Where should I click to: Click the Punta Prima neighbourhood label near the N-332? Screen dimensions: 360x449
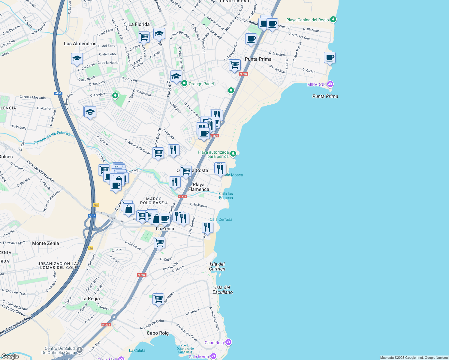(x=258, y=59)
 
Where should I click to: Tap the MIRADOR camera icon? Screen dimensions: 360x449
(x=330, y=84)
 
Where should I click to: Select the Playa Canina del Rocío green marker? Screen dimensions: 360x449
(x=333, y=19)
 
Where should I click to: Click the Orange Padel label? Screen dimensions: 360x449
(x=201, y=84)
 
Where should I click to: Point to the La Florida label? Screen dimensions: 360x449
(x=139, y=24)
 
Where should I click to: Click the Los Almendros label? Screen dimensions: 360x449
(x=80, y=43)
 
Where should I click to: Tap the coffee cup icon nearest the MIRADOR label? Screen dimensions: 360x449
(x=330, y=57)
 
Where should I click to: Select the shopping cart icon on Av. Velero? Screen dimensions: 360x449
(x=158, y=299)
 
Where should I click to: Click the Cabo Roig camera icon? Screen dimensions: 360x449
(x=228, y=342)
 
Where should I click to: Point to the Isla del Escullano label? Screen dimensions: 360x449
(x=223, y=290)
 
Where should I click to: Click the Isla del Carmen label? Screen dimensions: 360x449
(x=217, y=266)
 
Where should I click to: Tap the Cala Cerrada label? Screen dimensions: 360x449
(x=221, y=219)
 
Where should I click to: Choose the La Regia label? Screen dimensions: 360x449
(x=91, y=298)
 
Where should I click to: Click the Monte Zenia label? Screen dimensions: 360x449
(x=46, y=243)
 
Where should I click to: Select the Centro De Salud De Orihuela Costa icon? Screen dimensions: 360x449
(x=80, y=349)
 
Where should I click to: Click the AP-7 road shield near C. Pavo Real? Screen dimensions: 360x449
(x=58, y=93)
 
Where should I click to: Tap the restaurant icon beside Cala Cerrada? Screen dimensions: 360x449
(x=207, y=227)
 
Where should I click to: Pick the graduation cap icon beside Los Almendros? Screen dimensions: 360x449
(x=77, y=58)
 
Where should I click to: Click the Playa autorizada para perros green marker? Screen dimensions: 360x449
(x=233, y=154)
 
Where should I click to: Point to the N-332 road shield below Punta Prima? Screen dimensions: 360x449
(x=243, y=74)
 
